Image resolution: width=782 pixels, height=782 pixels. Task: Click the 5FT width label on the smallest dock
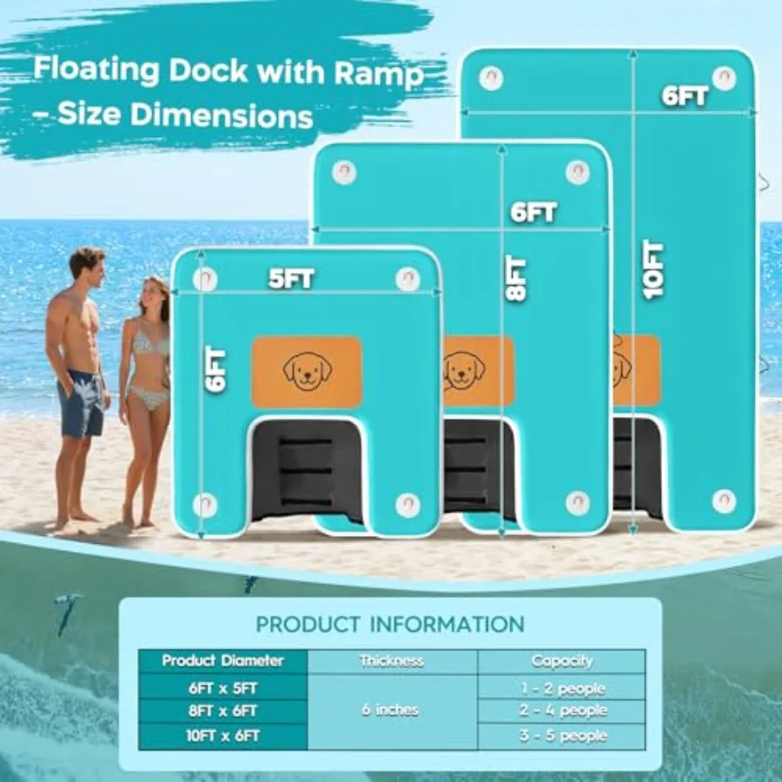pos(291,279)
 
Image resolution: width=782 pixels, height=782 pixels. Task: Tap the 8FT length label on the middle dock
pos(515,279)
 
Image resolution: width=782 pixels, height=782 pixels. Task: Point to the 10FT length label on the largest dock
pos(653,270)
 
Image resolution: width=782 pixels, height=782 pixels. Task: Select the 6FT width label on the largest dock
pos(685,96)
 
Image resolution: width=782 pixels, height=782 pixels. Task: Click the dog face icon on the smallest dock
pos(308,371)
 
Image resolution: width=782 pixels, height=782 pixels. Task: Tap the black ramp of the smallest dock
pos(306,470)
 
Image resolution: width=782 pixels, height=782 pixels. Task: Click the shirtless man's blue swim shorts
pos(80,403)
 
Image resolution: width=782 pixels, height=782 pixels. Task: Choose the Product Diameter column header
pos(223,661)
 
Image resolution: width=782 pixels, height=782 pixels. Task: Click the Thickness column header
pos(392,661)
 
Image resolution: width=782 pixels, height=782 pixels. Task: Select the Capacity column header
pos(561,661)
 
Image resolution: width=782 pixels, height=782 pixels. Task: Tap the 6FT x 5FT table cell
pos(223,688)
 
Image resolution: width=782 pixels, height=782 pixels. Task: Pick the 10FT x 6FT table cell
pos(223,736)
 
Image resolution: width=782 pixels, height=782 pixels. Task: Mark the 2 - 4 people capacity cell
pos(562,710)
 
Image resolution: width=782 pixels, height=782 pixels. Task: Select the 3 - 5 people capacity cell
pos(562,736)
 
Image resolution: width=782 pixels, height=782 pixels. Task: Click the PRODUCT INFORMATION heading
pos(390,625)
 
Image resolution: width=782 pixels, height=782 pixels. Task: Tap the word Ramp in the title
pos(379,74)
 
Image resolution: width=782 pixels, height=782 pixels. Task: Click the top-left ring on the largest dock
pos(491,78)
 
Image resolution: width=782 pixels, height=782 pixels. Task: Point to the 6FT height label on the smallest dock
pos(215,369)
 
